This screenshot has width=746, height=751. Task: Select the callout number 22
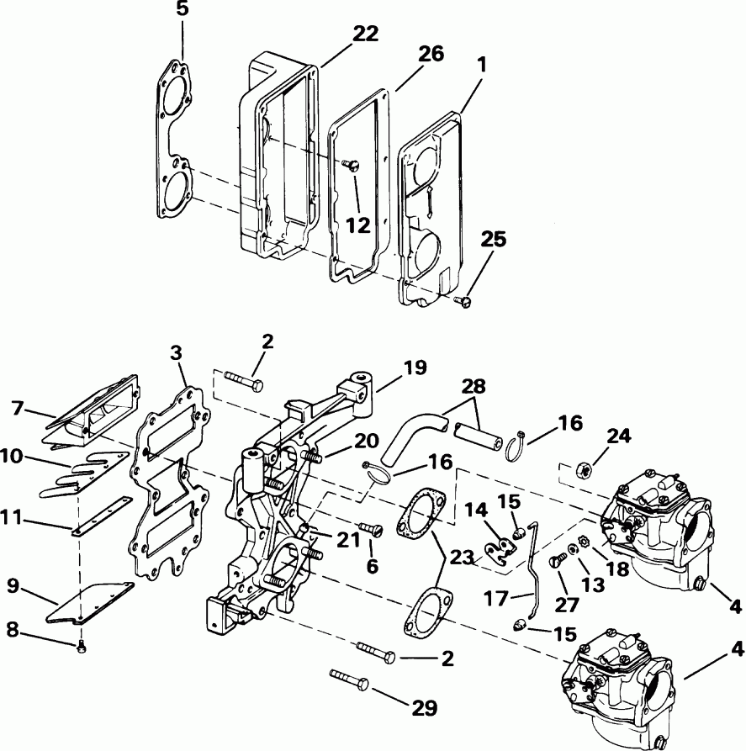click(x=365, y=34)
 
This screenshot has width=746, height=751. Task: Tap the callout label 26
click(x=431, y=54)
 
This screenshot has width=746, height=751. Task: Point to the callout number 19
click(x=414, y=368)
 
